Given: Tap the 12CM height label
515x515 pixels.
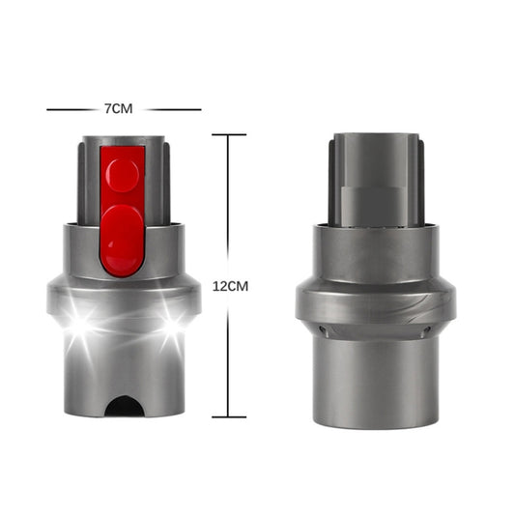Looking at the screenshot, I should [230, 287].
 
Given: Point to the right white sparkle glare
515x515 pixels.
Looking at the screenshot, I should [172, 323].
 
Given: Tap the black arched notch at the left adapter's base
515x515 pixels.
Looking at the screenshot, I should [125, 405].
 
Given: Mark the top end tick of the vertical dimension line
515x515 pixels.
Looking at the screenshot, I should [229, 134].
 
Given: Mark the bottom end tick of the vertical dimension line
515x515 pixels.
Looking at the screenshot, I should [229, 416].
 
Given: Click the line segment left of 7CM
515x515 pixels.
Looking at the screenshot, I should [72, 109].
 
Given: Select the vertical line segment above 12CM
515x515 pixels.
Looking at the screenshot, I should [229, 203].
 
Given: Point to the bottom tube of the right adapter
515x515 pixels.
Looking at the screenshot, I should [375, 382].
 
